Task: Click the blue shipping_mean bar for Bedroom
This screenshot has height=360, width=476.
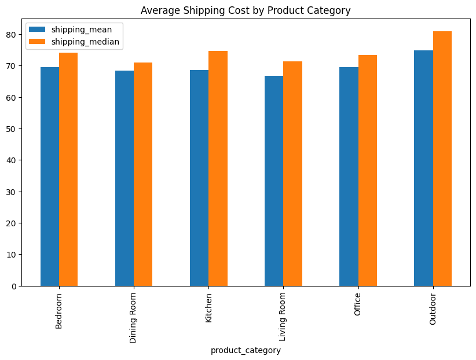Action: pyautogui.click(x=50, y=177)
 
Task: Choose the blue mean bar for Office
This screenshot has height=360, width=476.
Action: pyautogui.click(x=349, y=177)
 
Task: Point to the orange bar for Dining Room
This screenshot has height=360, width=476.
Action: pyautogui.click(x=143, y=174)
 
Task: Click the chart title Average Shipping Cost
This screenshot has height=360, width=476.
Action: pyautogui.click(x=246, y=10)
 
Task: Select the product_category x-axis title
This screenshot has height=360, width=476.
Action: pyautogui.click(x=246, y=350)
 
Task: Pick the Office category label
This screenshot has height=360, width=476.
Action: pyautogui.click(x=358, y=305)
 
